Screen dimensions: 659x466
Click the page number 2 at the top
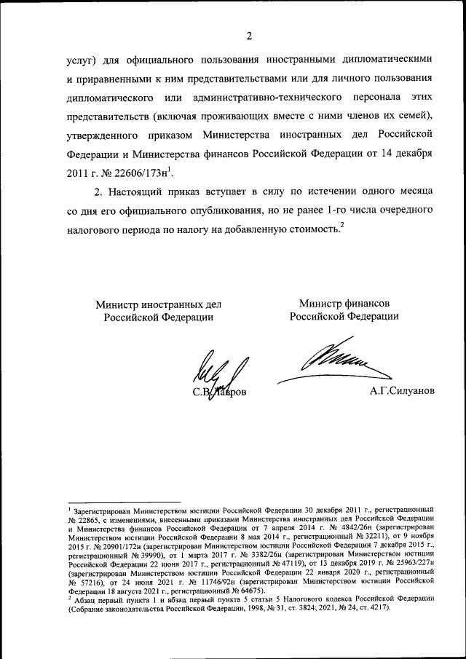click(x=248, y=36)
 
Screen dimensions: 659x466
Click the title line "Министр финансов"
click(x=344, y=302)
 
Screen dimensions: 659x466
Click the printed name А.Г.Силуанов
click(x=402, y=391)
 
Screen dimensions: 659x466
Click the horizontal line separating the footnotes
click(x=124, y=502)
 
